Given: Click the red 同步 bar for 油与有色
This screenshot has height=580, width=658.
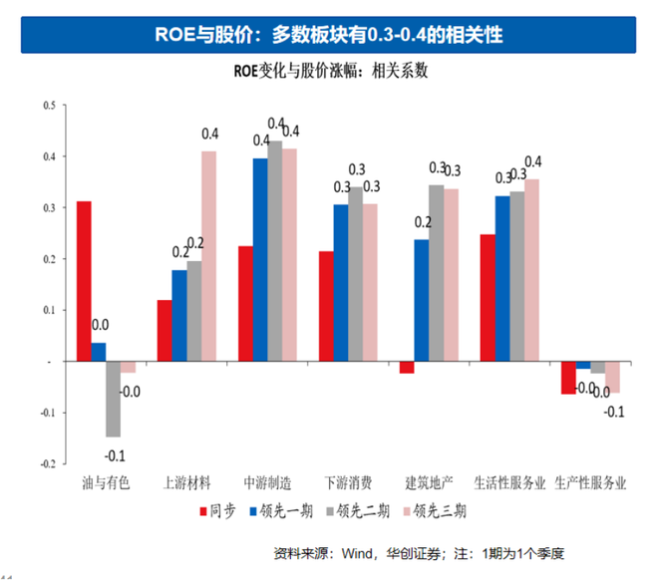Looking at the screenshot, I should pyautogui.click(x=84, y=281).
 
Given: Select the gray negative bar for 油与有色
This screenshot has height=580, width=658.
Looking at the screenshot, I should pyautogui.click(x=113, y=399).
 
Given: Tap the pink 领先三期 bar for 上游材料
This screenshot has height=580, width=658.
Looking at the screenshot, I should pyautogui.click(x=208, y=256).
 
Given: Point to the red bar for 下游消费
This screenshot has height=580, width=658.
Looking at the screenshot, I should pyautogui.click(x=326, y=306).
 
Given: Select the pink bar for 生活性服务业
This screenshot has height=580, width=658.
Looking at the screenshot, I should pyautogui.click(x=533, y=270).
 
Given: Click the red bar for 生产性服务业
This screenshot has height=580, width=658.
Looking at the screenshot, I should pyautogui.click(x=568, y=378).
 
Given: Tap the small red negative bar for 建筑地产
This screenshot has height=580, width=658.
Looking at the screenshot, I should pyautogui.click(x=406, y=368).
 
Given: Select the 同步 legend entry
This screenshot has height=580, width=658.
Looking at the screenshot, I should pyautogui.click(x=215, y=511).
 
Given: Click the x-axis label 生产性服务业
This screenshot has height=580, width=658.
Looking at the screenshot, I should pyautogui.click(x=590, y=483).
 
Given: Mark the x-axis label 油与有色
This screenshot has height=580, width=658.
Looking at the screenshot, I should pyautogui.click(x=106, y=483).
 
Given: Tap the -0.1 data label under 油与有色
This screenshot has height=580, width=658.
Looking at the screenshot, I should pyautogui.click(x=116, y=455).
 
